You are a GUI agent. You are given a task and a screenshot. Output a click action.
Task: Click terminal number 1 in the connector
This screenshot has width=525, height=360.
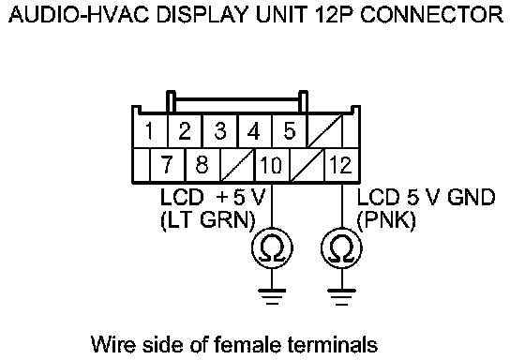150,131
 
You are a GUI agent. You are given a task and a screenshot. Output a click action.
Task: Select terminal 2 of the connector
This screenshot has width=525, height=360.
185,131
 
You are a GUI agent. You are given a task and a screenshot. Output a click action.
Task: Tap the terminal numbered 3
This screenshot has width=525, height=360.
220,131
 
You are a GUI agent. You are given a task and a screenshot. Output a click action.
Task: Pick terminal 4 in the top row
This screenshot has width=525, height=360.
255,131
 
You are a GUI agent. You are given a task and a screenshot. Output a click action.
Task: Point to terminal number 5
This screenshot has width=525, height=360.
290,131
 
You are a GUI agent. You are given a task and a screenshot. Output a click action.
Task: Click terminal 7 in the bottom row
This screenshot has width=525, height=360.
168,165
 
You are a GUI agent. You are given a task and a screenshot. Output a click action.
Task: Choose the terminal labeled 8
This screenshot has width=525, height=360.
202,165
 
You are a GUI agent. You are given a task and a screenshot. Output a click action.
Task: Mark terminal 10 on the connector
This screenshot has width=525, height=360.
272,165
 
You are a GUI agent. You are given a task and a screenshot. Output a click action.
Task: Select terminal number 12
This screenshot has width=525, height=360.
341,165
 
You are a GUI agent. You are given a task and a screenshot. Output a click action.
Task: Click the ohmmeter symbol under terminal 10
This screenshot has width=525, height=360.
272,248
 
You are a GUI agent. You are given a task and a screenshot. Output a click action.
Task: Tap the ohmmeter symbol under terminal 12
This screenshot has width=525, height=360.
341,248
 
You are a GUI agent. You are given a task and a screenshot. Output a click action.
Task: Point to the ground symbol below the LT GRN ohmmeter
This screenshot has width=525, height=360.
272,296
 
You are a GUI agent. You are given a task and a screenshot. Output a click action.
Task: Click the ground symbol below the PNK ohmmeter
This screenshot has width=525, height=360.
341,296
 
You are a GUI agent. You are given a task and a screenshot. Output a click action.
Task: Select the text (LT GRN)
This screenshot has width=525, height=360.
208,220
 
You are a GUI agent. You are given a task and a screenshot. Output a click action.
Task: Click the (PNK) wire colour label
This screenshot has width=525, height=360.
386,220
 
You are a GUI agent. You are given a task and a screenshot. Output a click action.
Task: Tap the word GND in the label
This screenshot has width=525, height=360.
471,197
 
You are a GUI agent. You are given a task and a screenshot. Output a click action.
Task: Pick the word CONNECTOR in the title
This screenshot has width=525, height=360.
431,14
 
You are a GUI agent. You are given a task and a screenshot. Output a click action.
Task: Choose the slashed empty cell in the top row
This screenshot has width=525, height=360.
324,131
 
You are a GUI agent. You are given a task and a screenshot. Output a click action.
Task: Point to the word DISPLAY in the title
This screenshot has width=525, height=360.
202,14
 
